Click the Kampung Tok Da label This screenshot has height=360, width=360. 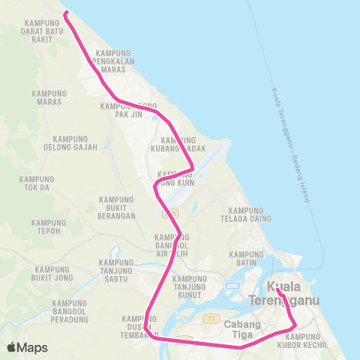pyautogui.click(x=38, y=184)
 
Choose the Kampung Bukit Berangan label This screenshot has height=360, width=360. pyautogui.click(x=116, y=208)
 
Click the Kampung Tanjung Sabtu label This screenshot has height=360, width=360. pyautogui.click(x=115, y=271)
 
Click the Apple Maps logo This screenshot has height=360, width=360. pyautogui.click(x=27, y=346)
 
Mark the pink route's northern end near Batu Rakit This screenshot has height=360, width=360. pyautogui.click(x=65, y=13)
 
